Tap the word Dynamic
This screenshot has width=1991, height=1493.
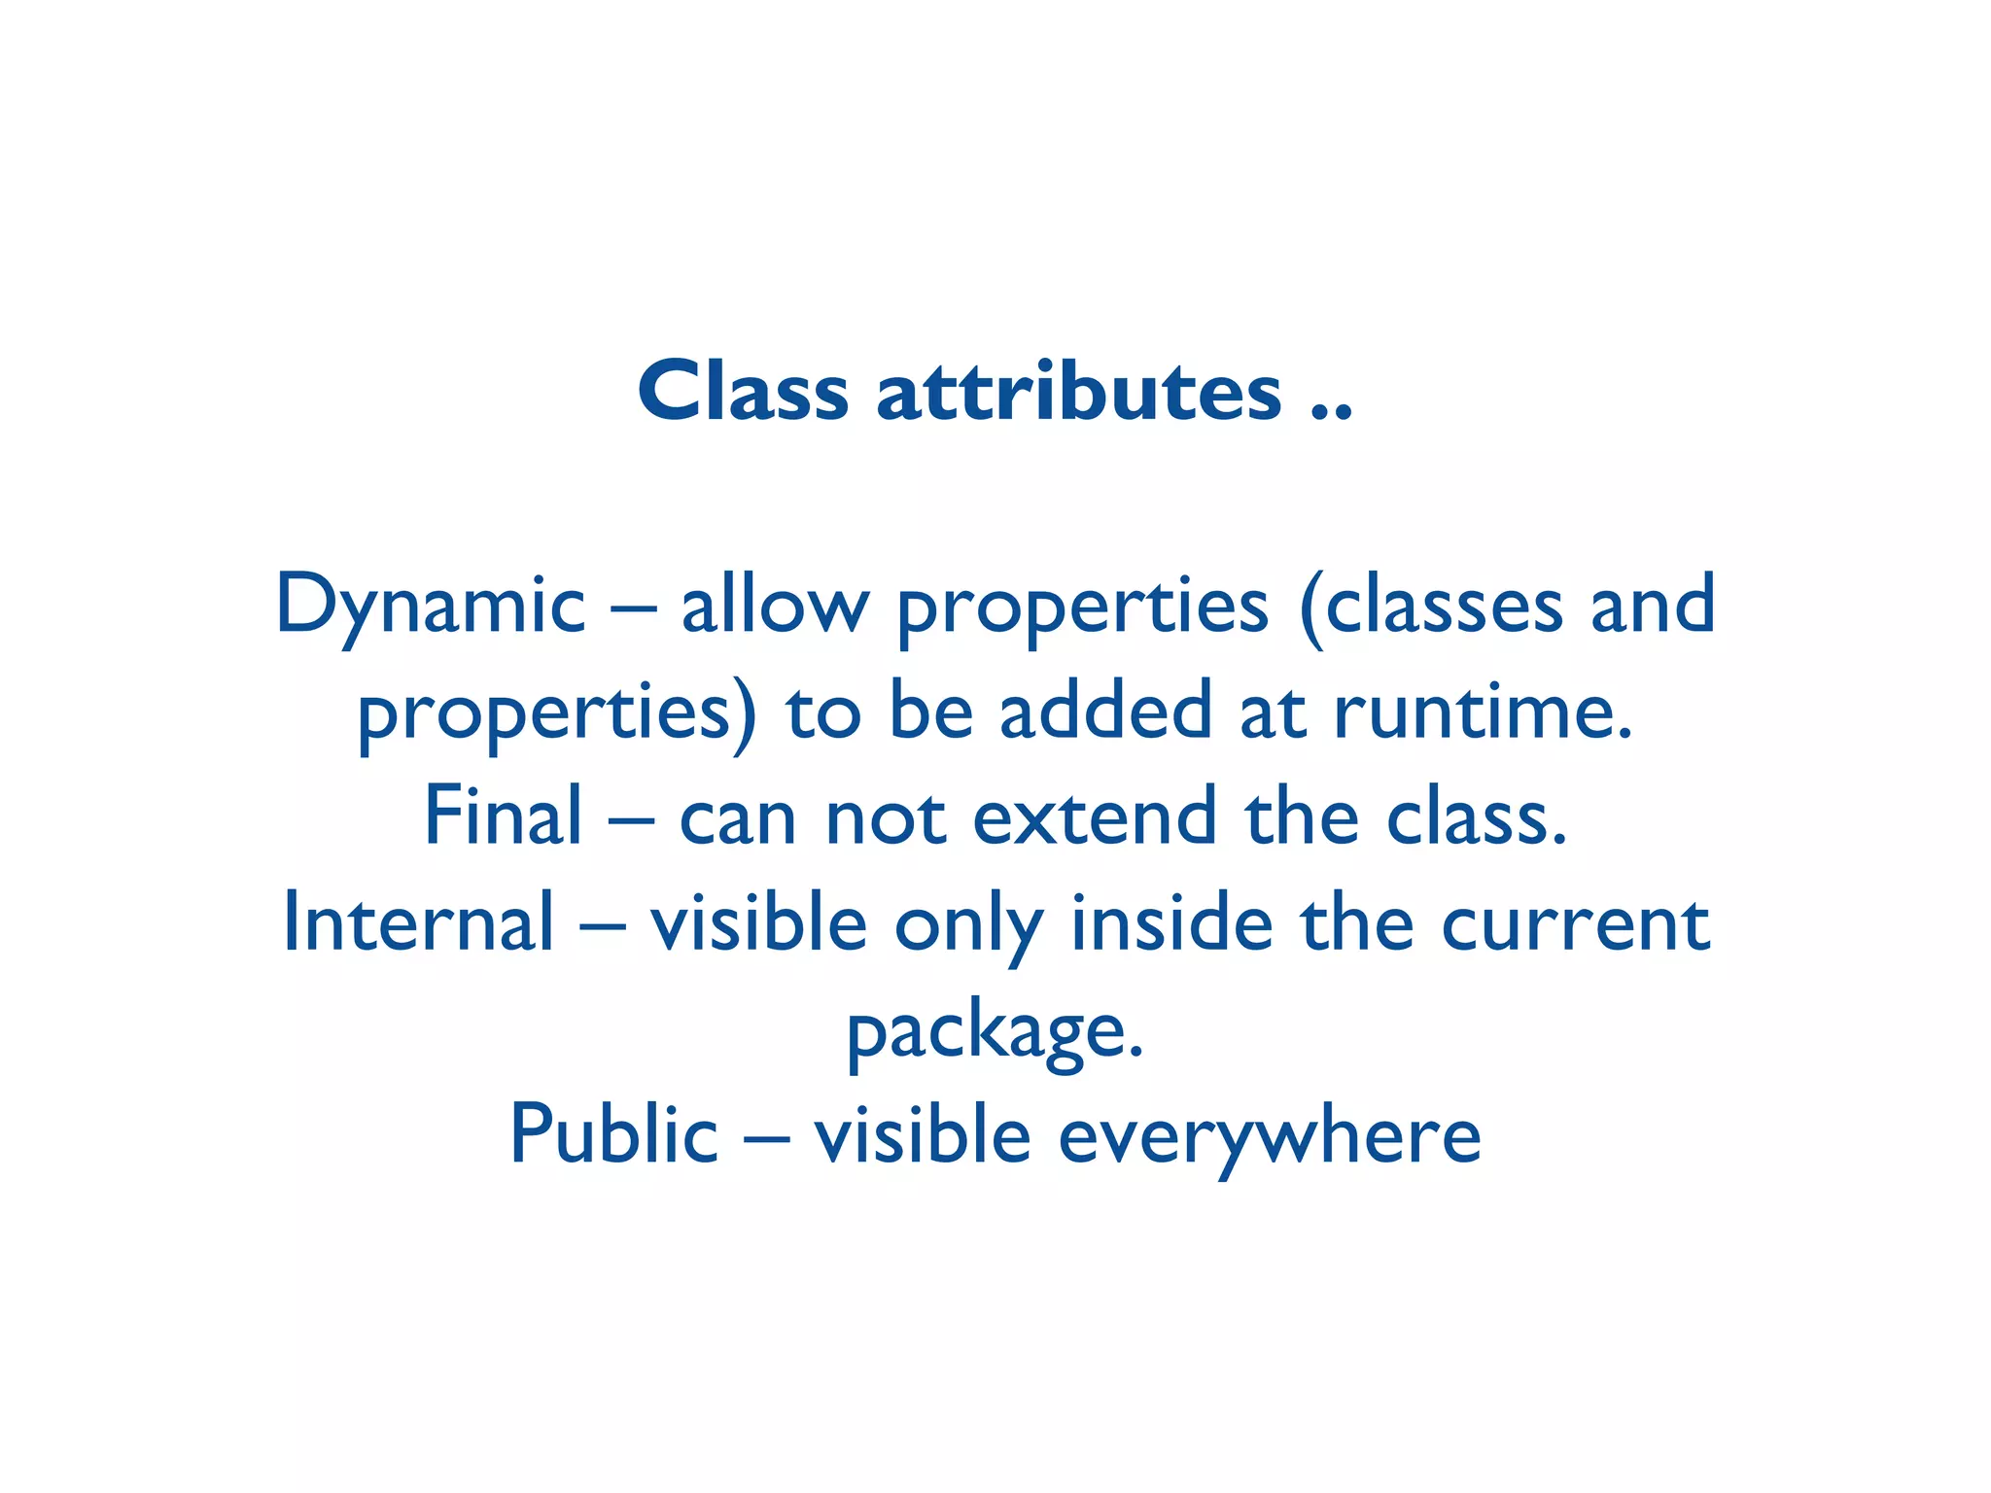point(431,606)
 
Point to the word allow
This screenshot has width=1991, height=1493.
point(774,606)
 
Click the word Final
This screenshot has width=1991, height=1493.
point(503,816)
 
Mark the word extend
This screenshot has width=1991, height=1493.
point(1095,816)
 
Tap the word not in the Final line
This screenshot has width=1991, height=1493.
point(885,816)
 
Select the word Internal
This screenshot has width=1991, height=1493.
point(418,922)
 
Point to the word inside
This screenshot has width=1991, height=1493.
point(1171,922)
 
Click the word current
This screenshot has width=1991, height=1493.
point(1575,922)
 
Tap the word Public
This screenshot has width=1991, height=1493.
point(613,1133)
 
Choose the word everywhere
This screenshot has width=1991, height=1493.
point(1269,1135)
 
